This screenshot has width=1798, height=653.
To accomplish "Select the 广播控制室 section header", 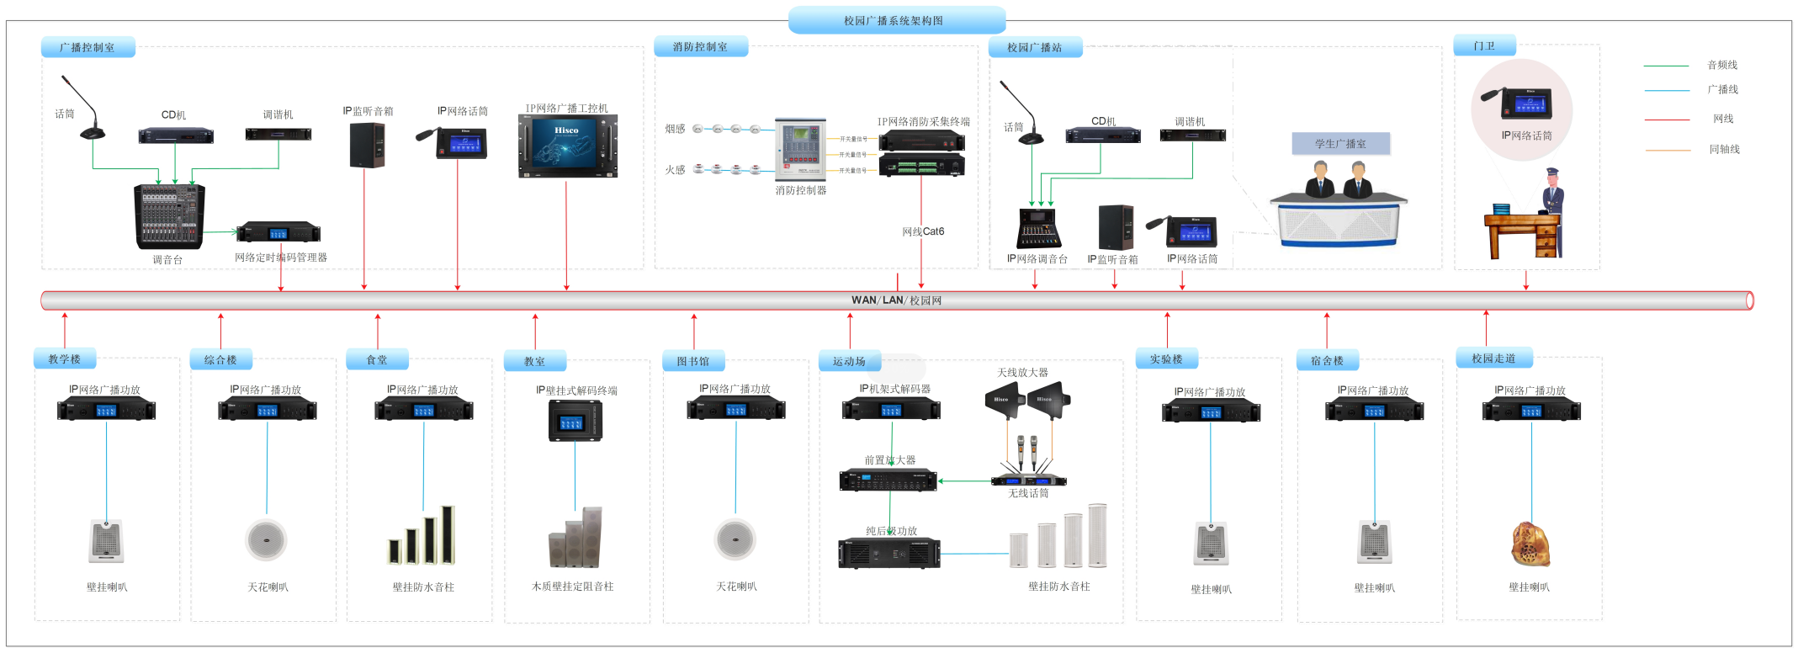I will (88, 47).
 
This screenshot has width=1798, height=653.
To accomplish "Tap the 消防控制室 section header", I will (700, 47).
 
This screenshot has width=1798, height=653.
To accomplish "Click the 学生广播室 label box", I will (1340, 144).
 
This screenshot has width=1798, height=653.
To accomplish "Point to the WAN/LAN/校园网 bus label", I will (896, 300).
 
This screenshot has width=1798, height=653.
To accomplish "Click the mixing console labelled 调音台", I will (169, 216).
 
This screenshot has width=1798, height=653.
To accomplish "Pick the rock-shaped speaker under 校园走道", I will (1530, 544).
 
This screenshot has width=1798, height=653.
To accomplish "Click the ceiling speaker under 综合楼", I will (267, 540).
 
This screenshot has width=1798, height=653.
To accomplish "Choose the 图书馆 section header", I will (693, 361).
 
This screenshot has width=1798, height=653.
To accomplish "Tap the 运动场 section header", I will (850, 362).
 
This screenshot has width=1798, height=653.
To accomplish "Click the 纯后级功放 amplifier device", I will (889, 553).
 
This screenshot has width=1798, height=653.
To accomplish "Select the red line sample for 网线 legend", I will (1667, 119).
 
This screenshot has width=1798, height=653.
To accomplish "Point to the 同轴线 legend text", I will (1724, 150).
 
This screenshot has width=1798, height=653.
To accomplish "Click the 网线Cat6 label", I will (923, 231).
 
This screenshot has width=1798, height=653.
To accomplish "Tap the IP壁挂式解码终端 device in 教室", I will (575, 421).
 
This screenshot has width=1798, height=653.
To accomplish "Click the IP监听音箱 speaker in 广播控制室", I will (368, 146).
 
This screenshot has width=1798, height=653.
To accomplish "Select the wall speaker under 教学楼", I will (107, 541).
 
